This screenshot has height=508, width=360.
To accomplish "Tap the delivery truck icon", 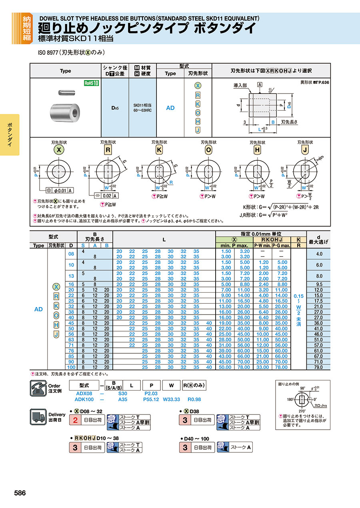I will tap(39, 417).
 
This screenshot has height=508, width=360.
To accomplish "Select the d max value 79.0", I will tap(318, 367).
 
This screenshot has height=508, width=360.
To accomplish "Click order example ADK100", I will tap(84, 399).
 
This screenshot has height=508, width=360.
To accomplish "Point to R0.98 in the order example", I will tap(194, 399).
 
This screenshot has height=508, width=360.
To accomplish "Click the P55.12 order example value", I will tap(151, 399).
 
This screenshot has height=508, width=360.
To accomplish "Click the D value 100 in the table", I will tap(71, 367).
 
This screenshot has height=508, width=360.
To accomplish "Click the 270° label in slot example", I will tap(302, 411).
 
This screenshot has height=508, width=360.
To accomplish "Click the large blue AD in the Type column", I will tap(38, 309).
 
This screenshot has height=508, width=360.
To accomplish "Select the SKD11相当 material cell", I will tap(142, 107).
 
